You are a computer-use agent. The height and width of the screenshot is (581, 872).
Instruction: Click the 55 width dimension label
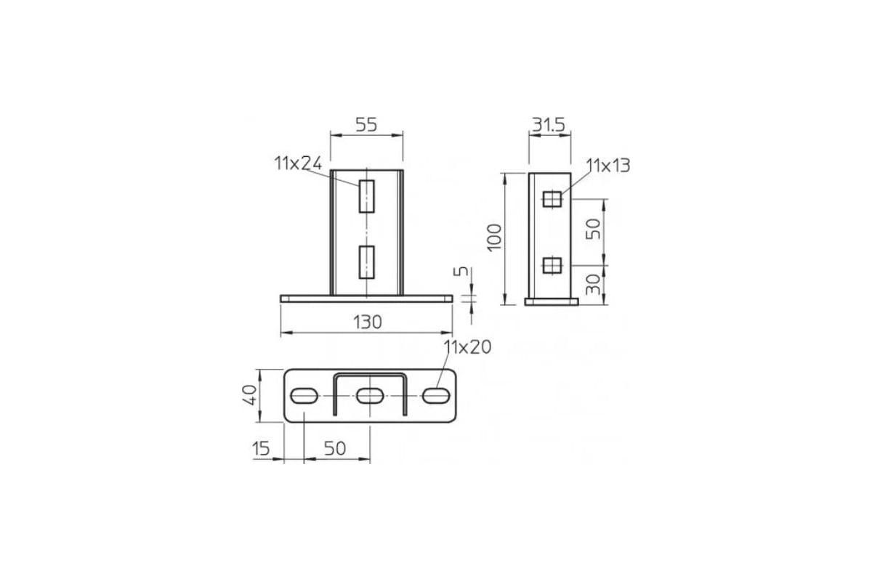366,125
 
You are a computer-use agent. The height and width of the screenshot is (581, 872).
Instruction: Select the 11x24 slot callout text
298,163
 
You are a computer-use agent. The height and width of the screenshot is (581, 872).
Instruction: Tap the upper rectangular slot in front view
367,196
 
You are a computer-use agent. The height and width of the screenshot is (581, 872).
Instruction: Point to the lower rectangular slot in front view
367,262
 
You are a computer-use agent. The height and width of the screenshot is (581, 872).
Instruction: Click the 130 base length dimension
367,322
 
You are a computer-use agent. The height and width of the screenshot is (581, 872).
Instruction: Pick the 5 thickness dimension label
461,271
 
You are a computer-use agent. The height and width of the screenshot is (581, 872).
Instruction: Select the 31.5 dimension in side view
549,125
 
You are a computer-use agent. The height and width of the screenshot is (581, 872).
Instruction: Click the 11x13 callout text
608,166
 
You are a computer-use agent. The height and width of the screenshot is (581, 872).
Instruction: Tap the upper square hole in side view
552,199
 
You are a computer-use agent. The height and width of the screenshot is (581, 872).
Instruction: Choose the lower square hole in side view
552,265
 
